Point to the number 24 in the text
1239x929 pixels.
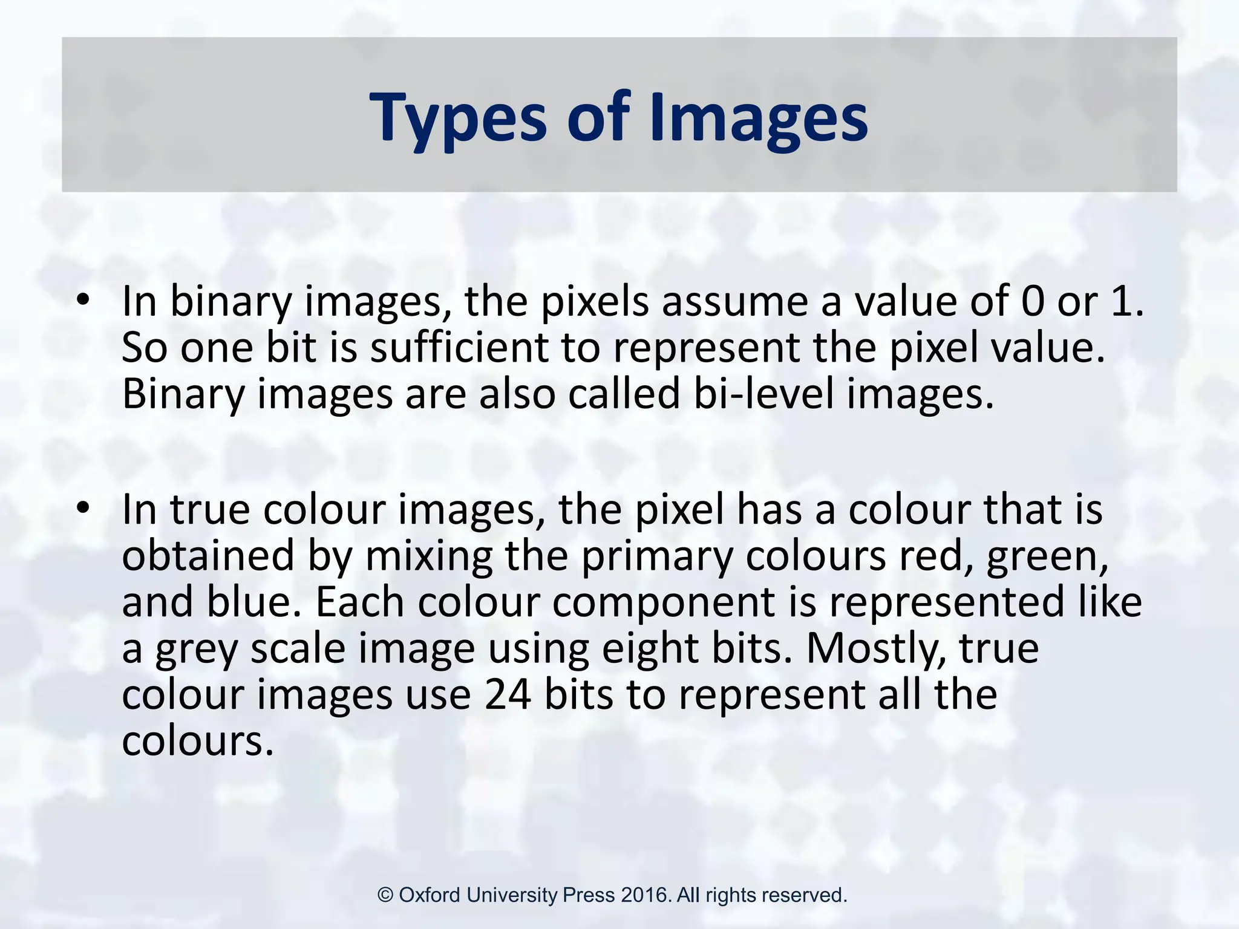pos(508,694)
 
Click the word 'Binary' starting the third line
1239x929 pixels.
pos(183,394)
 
